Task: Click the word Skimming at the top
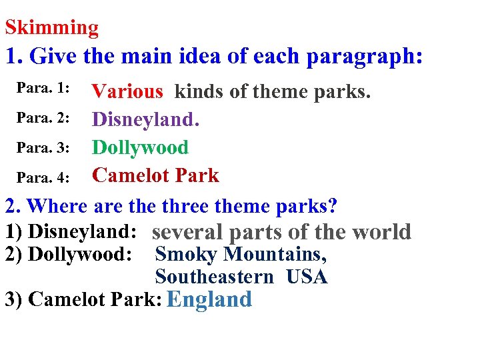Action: click(51, 28)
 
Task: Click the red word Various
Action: click(127, 91)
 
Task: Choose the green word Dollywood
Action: click(140, 147)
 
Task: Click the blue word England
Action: click(209, 299)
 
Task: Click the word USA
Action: click(307, 277)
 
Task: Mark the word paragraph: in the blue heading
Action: click(364, 57)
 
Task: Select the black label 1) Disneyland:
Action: click(71, 231)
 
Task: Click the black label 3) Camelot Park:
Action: click(83, 299)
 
